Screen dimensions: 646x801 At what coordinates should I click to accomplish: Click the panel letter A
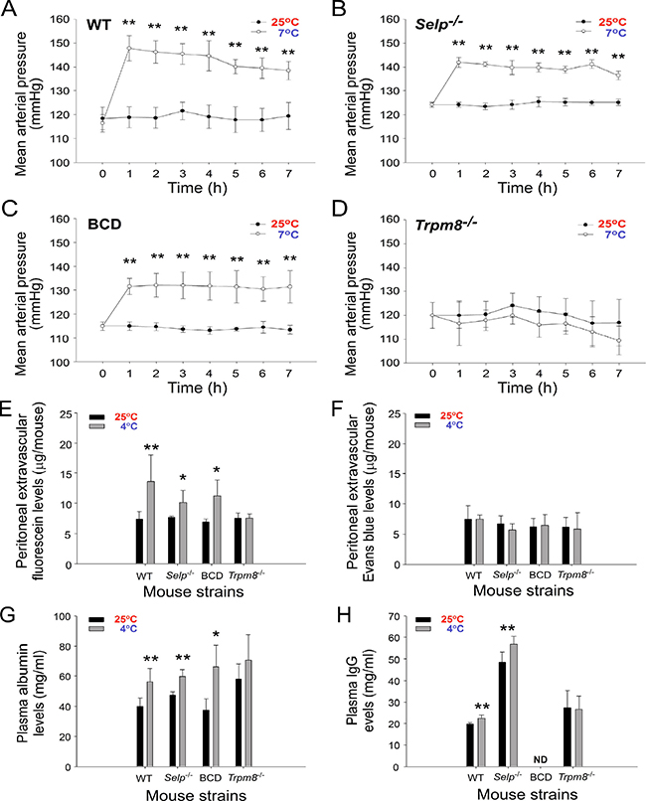(9, 9)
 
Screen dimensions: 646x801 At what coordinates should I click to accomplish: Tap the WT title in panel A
(98, 25)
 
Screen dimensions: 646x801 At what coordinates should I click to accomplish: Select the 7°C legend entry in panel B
(616, 33)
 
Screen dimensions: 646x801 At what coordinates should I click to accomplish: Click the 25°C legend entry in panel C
(285, 224)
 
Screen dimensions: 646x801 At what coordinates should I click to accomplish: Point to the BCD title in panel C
(104, 225)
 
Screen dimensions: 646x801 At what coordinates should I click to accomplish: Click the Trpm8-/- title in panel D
(446, 225)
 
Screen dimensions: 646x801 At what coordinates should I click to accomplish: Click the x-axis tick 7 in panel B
(619, 174)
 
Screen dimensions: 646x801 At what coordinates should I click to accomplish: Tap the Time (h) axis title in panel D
(528, 388)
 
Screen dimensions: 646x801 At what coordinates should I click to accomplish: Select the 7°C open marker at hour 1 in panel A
(129, 49)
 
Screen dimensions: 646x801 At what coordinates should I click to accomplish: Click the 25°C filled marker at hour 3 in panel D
(513, 305)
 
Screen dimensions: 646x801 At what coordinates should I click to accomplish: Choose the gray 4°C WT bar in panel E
(151, 523)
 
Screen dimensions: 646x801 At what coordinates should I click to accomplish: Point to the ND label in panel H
(541, 759)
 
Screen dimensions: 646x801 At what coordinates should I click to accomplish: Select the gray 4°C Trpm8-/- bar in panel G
(248, 714)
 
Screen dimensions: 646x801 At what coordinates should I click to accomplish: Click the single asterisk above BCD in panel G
(217, 635)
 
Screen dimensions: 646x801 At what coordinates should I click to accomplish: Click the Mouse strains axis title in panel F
(524, 591)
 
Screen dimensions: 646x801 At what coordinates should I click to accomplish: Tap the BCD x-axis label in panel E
(212, 575)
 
